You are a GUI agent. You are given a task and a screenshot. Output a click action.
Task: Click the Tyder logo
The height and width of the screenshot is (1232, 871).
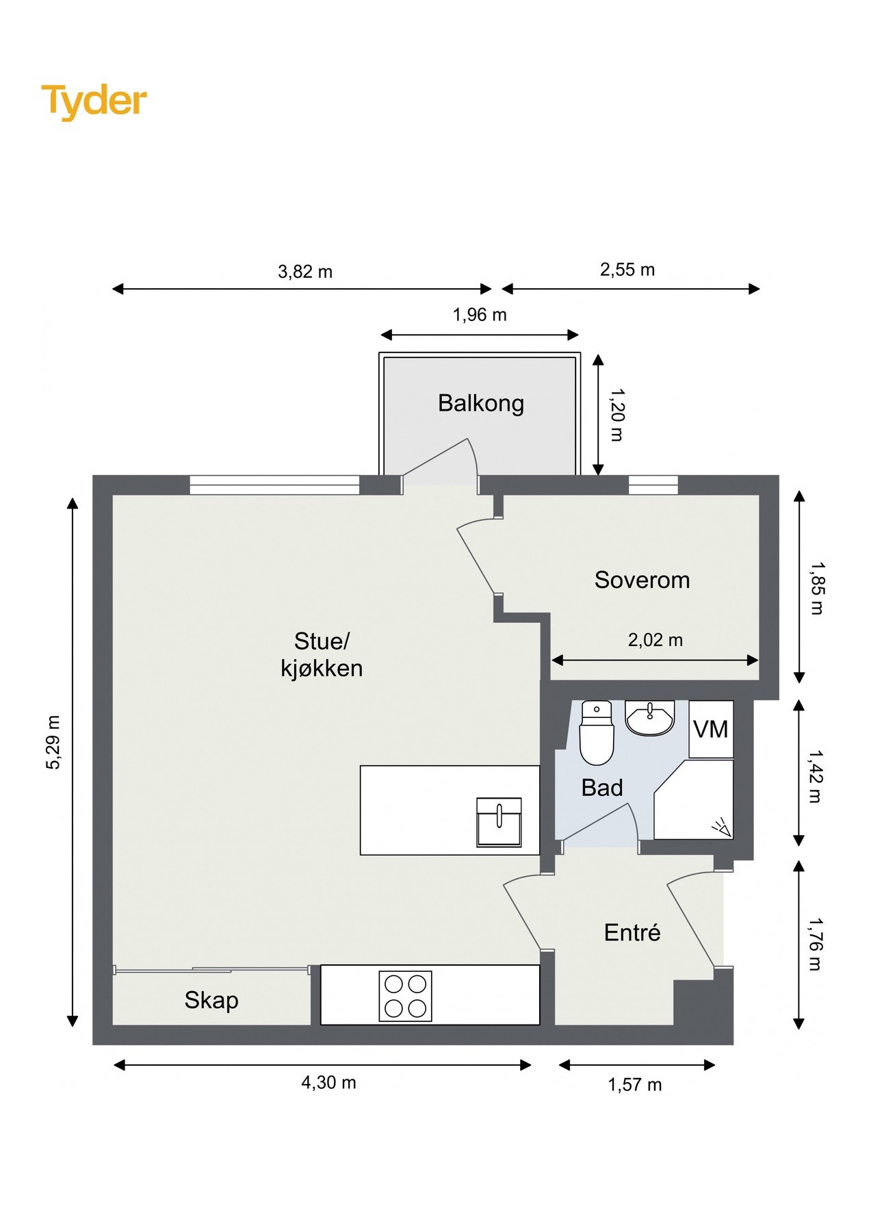pos(94,101)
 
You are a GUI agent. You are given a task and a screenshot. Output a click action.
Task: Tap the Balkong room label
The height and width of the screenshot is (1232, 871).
pos(481,403)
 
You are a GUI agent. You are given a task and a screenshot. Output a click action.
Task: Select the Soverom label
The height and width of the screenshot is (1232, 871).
pos(642,580)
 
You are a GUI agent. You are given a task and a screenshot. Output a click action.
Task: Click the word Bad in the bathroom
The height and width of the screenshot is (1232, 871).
pos(602,788)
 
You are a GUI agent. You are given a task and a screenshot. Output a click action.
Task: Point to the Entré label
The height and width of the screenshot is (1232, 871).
pos(632,932)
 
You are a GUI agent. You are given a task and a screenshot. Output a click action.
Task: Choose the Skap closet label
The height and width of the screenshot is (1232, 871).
pos(211,1001)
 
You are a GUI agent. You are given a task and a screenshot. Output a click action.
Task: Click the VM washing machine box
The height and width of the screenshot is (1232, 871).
pos(711,730)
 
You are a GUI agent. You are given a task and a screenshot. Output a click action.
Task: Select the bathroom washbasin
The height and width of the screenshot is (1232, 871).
pos(650,718)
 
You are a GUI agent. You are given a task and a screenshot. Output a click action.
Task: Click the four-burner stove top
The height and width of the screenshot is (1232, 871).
pos(406,996)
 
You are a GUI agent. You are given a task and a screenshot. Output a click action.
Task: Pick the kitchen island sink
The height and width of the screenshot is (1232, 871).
pos(499,821)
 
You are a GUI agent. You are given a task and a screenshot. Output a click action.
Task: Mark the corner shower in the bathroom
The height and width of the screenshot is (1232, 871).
pos(694,799)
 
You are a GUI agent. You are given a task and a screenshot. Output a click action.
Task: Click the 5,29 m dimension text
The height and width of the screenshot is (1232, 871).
pos(53,743)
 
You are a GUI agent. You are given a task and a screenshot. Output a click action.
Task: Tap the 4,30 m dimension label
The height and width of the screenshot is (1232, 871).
pos(328,1082)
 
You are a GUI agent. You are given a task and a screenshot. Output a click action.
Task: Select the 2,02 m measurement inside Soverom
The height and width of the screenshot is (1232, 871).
pos(655,640)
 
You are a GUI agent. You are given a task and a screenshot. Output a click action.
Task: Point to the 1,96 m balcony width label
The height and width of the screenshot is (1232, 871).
pos(480,315)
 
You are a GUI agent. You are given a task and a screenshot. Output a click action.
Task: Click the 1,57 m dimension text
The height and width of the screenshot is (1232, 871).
pos(635,1084)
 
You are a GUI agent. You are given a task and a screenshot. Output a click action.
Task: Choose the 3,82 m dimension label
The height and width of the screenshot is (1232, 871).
pos(305,272)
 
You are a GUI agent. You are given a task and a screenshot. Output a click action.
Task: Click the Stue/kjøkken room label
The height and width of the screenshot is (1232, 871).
pos(322,654)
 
